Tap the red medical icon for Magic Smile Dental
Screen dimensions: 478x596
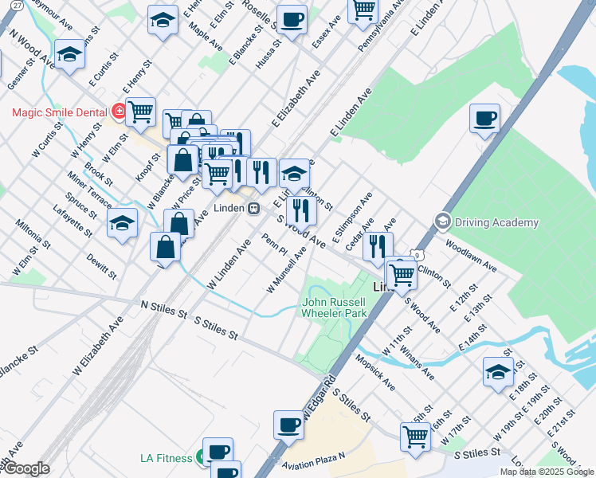(x=119, y=112)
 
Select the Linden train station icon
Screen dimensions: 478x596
(x=253, y=209)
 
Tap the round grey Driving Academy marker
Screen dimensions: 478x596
(x=442, y=221)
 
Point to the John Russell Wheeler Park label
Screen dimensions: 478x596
(x=334, y=308)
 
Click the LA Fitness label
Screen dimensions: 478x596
(x=166, y=458)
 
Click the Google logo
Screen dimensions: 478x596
(x=26, y=468)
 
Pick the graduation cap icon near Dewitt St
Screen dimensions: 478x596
(x=122, y=224)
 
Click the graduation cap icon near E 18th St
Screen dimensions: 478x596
(x=498, y=372)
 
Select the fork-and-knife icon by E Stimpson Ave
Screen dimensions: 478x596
(x=378, y=246)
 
